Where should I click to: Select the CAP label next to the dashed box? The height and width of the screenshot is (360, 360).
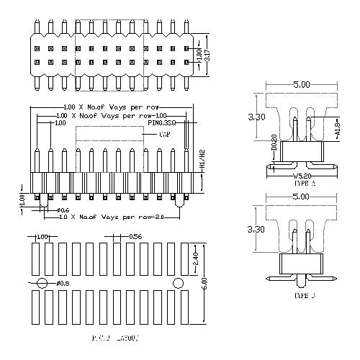point(164,135)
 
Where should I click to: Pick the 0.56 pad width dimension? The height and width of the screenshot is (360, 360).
point(135,236)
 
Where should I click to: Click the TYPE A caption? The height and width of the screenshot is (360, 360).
point(301,184)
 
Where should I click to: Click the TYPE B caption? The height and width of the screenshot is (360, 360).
point(301,295)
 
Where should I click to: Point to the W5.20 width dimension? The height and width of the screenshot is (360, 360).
point(301,174)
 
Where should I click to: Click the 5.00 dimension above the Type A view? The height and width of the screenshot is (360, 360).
point(301,84)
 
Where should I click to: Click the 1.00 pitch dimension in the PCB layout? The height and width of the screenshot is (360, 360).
point(42,236)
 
